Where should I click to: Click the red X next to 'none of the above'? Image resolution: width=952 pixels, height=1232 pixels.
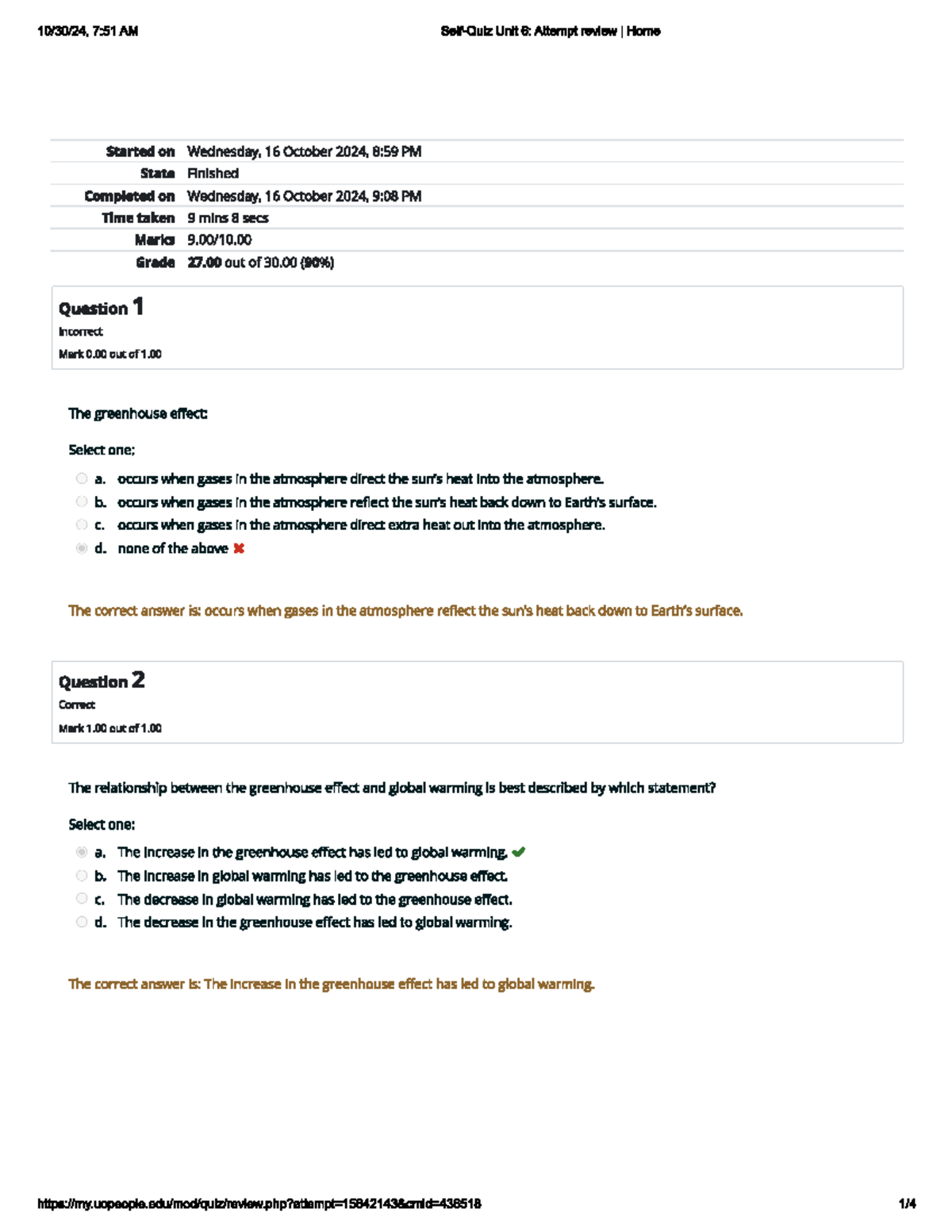click(239, 548)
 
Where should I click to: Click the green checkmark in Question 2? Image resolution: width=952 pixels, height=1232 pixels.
click(519, 852)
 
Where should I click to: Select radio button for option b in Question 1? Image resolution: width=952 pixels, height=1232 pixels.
click(82, 501)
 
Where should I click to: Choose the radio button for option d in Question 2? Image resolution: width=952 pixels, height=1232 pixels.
click(82, 922)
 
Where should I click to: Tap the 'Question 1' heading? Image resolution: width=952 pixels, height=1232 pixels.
click(101, 307)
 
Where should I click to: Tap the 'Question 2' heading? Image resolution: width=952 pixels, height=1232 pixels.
click(102, 681)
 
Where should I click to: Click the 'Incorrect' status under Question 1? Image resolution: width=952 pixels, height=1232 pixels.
click(80, 332)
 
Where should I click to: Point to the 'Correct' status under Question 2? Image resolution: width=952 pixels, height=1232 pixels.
click(77, 704)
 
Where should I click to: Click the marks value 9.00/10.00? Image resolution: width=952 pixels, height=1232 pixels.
click(219, 240)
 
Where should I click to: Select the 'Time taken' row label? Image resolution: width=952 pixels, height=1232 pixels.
click(138, 217)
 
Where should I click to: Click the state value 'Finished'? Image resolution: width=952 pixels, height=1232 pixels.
click(213, 173)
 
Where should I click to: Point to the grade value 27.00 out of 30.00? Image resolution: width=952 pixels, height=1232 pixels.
click(260, 262)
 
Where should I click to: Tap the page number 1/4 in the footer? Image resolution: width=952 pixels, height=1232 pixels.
click(907, 1203)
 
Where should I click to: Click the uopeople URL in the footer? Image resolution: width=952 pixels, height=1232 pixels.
click(259, 1203)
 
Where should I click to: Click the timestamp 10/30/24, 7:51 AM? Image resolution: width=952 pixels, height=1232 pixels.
click(87, 31)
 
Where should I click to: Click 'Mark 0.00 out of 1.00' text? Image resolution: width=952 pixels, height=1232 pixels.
click(109, 354)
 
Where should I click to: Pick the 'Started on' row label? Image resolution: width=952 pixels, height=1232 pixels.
click(140, 151)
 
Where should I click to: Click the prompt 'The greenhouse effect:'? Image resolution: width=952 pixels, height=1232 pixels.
click(138, 413)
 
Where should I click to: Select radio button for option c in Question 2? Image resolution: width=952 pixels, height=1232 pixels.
click(82, 898)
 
